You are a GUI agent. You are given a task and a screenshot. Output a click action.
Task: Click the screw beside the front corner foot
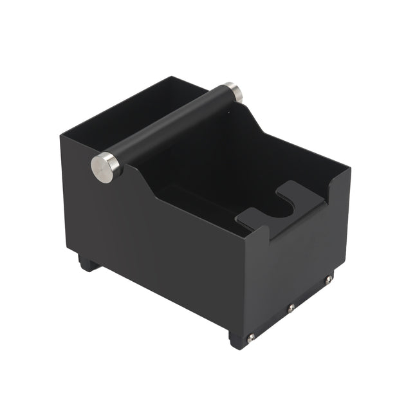[x=252, y=337]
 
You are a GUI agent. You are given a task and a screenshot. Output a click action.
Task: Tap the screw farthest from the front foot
[x=329, y=279]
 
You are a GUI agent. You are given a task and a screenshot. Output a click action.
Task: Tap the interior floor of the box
[x=193, y=199]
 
